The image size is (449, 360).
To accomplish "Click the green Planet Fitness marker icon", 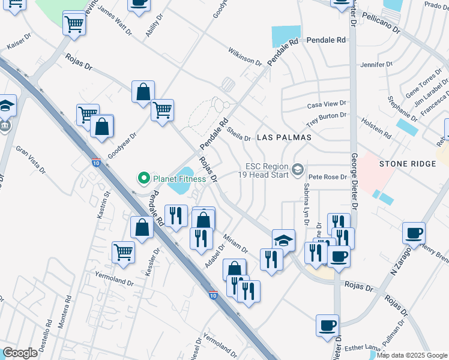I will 143,178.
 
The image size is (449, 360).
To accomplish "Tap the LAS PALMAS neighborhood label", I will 284,137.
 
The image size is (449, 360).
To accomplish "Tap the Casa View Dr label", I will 327,104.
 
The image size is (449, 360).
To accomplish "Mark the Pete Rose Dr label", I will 328,178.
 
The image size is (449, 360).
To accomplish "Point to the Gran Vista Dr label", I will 30,158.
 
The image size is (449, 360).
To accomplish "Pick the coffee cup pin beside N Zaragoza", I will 414,233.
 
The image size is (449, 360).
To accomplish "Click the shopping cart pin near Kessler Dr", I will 124,252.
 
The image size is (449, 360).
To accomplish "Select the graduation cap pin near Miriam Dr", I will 284,240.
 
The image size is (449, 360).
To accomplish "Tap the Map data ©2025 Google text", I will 411,355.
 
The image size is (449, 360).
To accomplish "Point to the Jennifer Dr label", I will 376,64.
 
